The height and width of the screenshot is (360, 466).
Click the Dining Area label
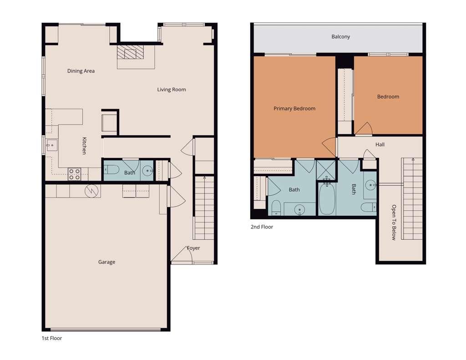pos(81,71)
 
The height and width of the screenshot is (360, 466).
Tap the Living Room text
pos(172,90)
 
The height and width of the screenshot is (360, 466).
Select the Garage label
pos(107,262)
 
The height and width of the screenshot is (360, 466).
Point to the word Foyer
pos(193,248)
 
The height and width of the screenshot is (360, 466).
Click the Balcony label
pos(340,37)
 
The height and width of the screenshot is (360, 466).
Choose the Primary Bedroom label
pos(294,109)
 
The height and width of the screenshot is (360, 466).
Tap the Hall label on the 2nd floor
pos(380,145)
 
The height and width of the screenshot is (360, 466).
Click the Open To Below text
pos(394,223)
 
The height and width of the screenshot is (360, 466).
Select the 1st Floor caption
pos(51,339)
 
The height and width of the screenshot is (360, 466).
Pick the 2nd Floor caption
pos(262,227)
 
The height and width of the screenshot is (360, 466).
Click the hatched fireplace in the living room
pos(130,52)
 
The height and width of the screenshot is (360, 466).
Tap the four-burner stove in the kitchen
pos(74,174)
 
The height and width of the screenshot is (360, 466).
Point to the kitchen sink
pos(51,146)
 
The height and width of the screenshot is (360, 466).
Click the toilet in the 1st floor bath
pos(111,170)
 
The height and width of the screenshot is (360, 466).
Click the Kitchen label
pos(84,146)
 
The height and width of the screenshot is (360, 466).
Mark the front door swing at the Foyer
pos(181,257)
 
